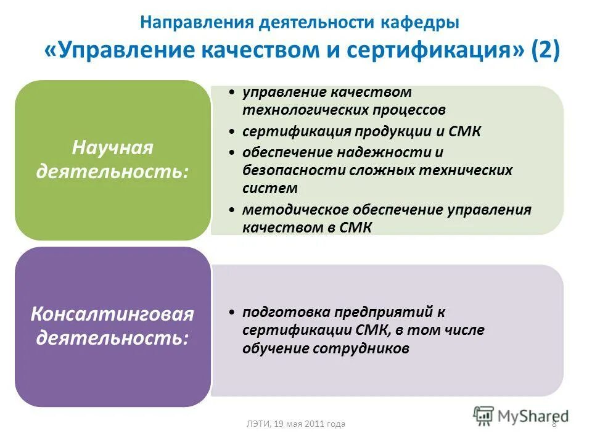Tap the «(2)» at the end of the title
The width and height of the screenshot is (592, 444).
click(x=545, y=51)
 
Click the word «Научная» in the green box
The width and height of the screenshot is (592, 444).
click(x=112, y=148)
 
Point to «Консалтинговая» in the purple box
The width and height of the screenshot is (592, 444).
click(x=112, y=314)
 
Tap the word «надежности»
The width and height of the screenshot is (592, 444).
click(x=389, y=152)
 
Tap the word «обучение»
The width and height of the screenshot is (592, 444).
click(x=274, y=348)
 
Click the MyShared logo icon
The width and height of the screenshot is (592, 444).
click(x=483, y=416)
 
